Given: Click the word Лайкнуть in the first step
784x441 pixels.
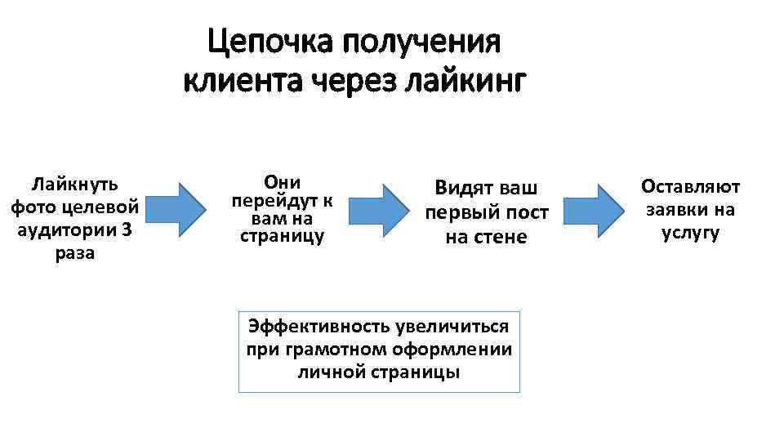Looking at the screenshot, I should point(74,181).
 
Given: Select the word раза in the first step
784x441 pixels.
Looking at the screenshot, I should point(74,253).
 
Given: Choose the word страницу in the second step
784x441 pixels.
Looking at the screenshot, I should point(282,237).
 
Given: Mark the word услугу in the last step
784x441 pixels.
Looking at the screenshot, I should point(690,234).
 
